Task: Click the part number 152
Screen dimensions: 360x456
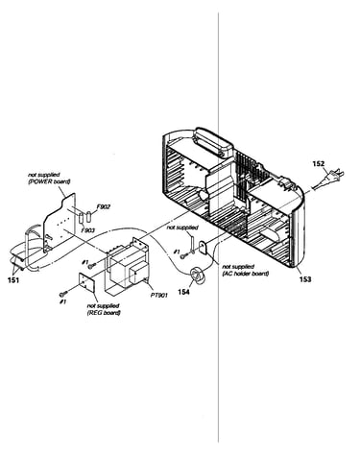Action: click(x=319, y=164)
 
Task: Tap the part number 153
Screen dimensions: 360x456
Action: click(x=305, y=279)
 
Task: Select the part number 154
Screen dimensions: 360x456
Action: click(x=183, y=292)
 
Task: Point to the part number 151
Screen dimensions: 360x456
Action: click(x=13, y=280)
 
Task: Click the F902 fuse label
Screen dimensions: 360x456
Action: click(x=103, y=207)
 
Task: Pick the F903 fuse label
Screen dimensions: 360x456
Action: click(x=87, y=229)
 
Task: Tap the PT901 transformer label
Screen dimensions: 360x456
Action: click(x=158, y=295)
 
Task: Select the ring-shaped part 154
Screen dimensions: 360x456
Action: click(x=198, y=276)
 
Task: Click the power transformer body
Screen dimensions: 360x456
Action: click(x=127, y=265)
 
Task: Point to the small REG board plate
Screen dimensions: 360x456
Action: click(x=86, y=282)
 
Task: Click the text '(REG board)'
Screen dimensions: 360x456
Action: click(x=104, y=313)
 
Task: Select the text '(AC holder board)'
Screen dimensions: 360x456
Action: click(x=245, y=274)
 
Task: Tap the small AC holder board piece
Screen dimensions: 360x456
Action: click(x=204, y=248)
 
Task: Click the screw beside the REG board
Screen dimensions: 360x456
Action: click(x=63, y=294)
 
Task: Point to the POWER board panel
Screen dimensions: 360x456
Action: click(x=60, y=223)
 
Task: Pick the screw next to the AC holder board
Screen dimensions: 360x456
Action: click(x=184, y=255)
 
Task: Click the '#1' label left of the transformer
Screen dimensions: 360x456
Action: click(x=84, y=262)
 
